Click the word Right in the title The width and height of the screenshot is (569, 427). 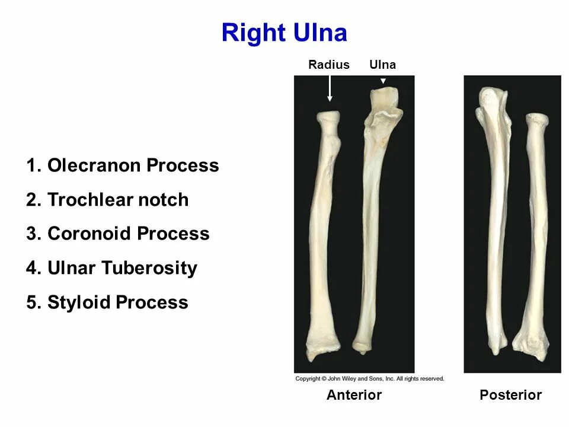coord(253,33)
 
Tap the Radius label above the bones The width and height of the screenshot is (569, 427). coord(329,65)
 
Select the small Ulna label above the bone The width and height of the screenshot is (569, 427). coord(382,65)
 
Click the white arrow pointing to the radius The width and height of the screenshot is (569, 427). coord(330,89)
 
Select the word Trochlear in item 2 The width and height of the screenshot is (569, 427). coord(90,200)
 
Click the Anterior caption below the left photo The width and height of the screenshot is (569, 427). coord(354,395)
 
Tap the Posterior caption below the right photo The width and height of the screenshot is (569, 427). coord(510,395)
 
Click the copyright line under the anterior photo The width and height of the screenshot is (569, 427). coord(369,378)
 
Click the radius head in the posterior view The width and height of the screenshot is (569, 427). coord(536,120)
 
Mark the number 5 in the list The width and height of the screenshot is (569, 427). coord(32,302)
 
